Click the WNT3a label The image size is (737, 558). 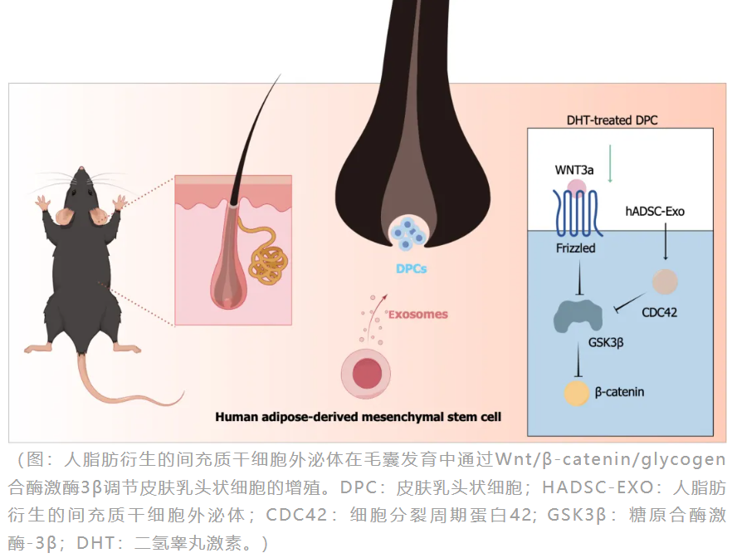pyautogui.click(x=573, y=170)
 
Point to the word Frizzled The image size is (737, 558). pyautogui.click(x=575, y=247)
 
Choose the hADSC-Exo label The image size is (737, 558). pyautogui.click(x=655, y=212)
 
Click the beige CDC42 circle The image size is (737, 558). pyautogui.click(x=664, y=282)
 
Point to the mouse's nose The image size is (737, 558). pyautogui.click(x=80, y=169)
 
